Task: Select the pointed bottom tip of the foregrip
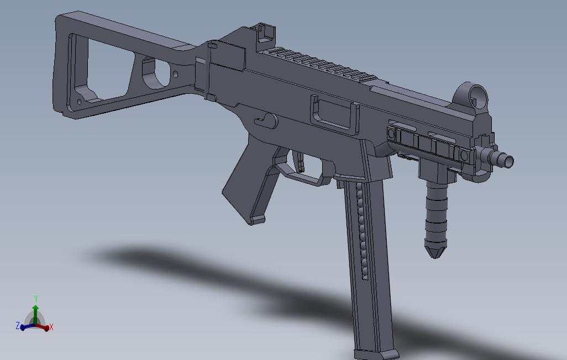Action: pyautogui.click(x=435, y=253)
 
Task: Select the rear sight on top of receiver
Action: pyautogui.click(x=266, y=33)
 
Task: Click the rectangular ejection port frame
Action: pyautogui.click(x=334, y=113)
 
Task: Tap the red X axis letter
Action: pyautogui.click(x=51, y=327)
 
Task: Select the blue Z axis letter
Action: pyautogui.click(x=18, y=326)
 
